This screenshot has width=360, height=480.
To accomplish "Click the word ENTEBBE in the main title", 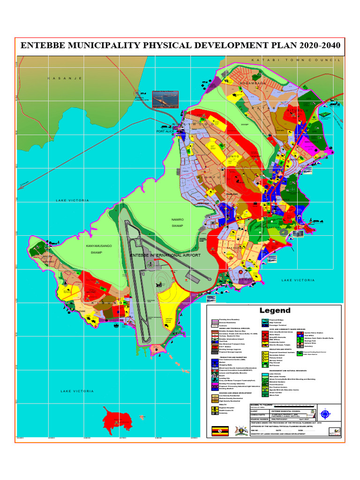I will tap(46, 47).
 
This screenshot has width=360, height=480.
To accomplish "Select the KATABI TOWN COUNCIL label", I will tap(295, 60).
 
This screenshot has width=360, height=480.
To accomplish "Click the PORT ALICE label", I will tap(165, 132).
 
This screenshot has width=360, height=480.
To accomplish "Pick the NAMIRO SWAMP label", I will tap(177, 222).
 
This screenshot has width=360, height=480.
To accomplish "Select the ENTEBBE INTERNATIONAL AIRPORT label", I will tap(165, 255).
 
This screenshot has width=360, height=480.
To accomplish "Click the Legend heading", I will tap(275, 310).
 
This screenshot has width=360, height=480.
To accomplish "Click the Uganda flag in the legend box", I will tap(217, 430).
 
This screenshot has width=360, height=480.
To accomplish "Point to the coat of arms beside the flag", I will tap(243, 430).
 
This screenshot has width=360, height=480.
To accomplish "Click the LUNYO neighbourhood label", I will tap(233, 156).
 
